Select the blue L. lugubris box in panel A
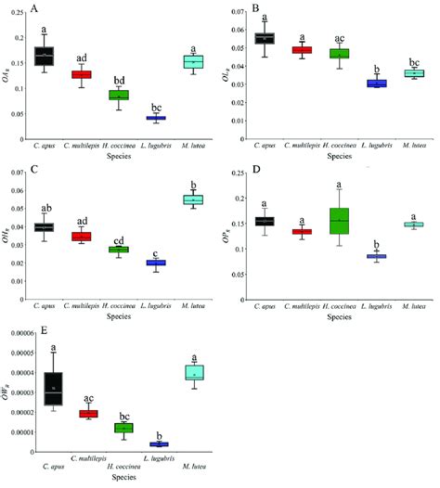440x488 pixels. pyautogui.click(x=155, y=118)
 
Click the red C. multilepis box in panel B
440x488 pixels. pyautogui.click(x=303, y=49)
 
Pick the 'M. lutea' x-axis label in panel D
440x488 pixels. pyautogui.click(x=412, y=296)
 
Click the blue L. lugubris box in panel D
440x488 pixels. pyautogui.click(x=379, y=256)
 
